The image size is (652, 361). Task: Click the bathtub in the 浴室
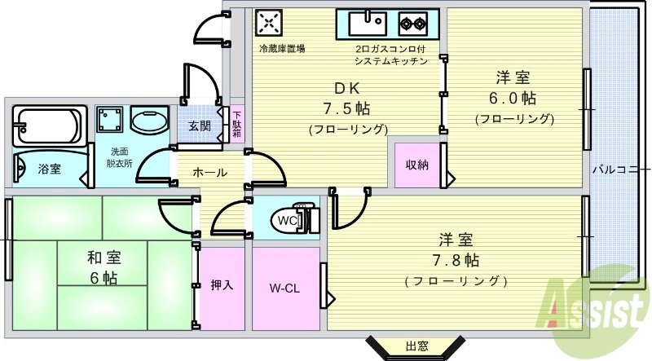point(48,127)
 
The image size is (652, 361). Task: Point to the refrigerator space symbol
point(269,21)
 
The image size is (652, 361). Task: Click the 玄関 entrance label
point(199,125)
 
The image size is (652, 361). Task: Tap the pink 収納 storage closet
point(417,165)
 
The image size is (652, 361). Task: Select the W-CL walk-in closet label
point(285,288)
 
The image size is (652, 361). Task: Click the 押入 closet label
point(222,284)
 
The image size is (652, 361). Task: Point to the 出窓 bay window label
point(416,346)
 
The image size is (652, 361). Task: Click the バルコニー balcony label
point(616,169)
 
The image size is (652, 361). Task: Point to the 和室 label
point(104,258)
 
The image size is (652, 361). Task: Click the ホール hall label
point(209,173)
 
